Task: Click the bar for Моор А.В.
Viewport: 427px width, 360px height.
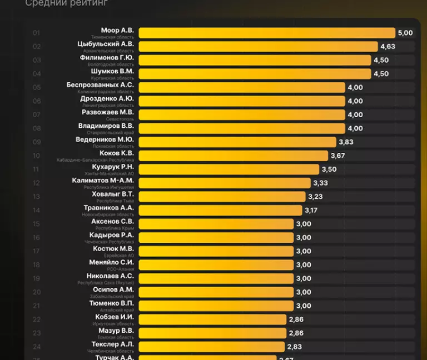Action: coord(267,33)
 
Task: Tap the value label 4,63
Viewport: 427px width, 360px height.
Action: coord(388,47)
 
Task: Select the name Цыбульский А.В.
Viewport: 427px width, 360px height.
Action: coord(106,44)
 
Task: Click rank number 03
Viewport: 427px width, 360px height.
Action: coord(37,60)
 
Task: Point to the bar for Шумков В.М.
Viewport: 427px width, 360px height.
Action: coord(255,74)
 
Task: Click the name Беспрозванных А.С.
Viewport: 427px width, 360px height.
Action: coord(100,85)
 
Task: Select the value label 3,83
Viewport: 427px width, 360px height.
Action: coord(346,142)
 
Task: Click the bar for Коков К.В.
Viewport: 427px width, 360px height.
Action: coord(234,156)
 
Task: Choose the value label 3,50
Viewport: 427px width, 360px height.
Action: coord(329,169)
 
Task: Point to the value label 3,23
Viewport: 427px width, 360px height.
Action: coord(315,197)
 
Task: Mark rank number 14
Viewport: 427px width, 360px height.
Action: coord(37,210)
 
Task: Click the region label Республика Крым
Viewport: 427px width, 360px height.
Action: coord(115,228)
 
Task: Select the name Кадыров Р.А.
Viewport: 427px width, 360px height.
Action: coord(111,235)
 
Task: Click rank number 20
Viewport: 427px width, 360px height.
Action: coord(37,292)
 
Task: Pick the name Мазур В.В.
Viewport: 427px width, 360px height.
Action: coord(116,331)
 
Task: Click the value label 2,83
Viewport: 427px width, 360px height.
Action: coord(294,347)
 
